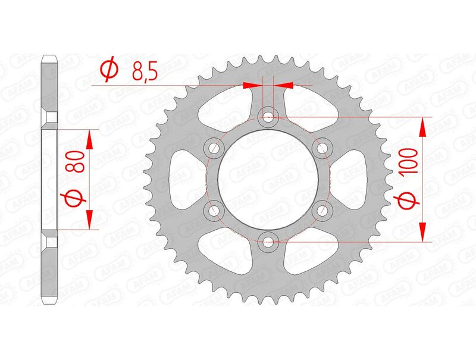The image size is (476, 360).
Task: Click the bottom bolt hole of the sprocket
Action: pyautogui.click(x=268, y=241)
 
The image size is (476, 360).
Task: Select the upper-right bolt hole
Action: pyautogui.click(x=322, y=147)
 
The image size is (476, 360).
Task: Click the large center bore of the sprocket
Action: pyautogui.click(x=268, y=179)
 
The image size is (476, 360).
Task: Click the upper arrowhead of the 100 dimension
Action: pyautogui.click(x=423, y=126)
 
